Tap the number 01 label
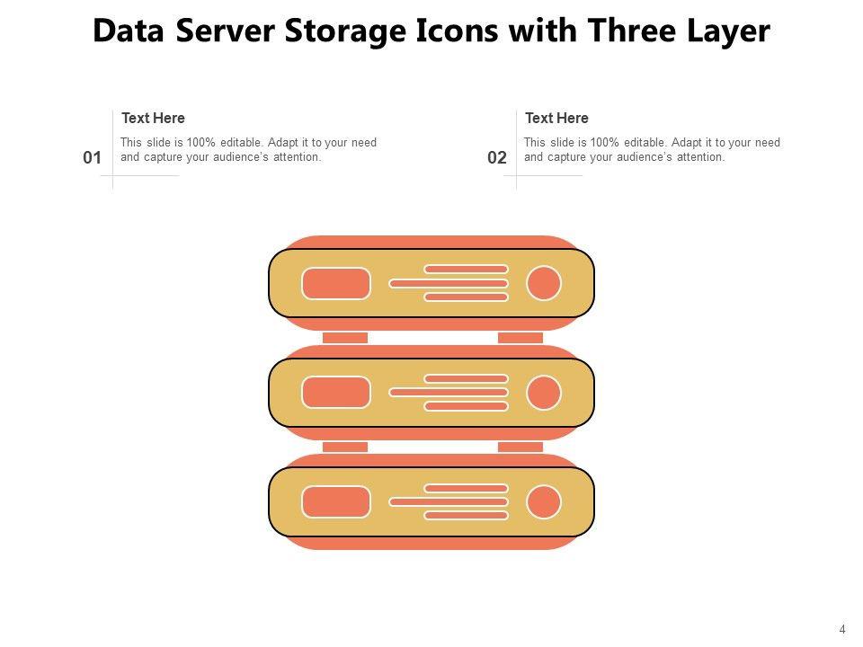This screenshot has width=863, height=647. point(92,158)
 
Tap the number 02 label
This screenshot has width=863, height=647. point(497,158)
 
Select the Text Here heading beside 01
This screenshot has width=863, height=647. point(153,118)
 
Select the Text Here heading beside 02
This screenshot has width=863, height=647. point(556,118)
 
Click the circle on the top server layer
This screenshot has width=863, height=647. point(544,283)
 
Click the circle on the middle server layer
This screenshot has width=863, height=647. point(544,393)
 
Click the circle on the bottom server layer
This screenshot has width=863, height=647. point(544,501)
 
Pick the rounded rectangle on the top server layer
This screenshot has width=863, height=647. point(336,283)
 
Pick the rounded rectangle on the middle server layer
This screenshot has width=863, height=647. point(336,393)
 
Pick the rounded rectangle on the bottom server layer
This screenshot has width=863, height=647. point(336,501)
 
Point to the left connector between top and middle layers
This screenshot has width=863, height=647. point(345,338)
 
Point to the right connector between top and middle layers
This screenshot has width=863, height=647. point(520,338)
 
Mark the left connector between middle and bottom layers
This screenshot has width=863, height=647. point(345,447)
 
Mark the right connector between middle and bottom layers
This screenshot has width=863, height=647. point(520,447)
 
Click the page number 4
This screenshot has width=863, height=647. point(842,629)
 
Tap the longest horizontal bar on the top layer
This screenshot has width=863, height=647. point(449,283)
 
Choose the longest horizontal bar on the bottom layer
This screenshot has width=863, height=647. point(449,501)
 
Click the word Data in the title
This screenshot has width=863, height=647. point(130,31)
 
